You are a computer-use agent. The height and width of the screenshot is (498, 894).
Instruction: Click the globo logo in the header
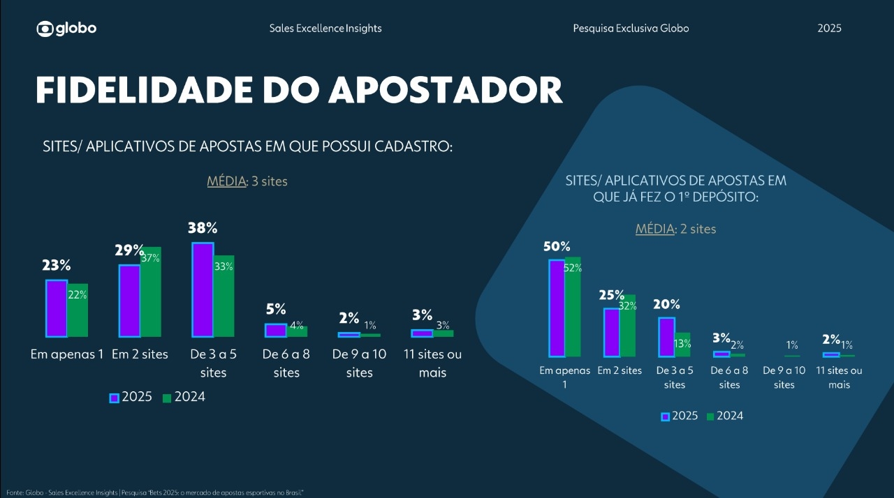coord(66,29)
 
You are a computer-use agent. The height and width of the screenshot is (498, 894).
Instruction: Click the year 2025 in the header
coord(829,29)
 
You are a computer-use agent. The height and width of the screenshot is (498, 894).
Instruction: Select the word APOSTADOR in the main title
coord(445,90)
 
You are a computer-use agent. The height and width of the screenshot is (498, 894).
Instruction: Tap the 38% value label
coord(203,227)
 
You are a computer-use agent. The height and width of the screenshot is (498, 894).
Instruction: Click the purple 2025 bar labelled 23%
coord(57,308)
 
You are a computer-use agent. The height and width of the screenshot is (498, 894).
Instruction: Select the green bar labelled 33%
coord(224,296)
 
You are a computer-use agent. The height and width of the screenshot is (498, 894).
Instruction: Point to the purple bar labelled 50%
coord(557,308)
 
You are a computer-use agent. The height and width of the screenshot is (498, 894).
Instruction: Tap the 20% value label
coord(666,304)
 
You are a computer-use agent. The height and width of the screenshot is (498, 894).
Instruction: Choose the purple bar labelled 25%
coord(611,332)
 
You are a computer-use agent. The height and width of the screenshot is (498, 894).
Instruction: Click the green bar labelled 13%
coord(682,345)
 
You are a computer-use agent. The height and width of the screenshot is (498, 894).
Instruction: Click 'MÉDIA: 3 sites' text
coord(247,181)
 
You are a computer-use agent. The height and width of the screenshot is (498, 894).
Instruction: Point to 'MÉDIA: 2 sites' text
coord(675,229)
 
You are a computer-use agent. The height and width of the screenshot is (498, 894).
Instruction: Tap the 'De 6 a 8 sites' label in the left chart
coord(286,363)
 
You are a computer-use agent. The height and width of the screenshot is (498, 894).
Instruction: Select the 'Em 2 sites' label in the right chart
coord(620,370)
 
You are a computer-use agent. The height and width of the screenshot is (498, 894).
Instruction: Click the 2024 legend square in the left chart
coord(167,398)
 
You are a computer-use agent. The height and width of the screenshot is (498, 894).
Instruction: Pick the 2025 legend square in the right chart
coord(665,416)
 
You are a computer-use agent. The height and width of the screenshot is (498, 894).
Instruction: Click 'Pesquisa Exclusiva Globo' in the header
coord(631,29)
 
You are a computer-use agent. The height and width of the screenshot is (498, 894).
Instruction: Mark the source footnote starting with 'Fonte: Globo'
coord(155,492)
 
